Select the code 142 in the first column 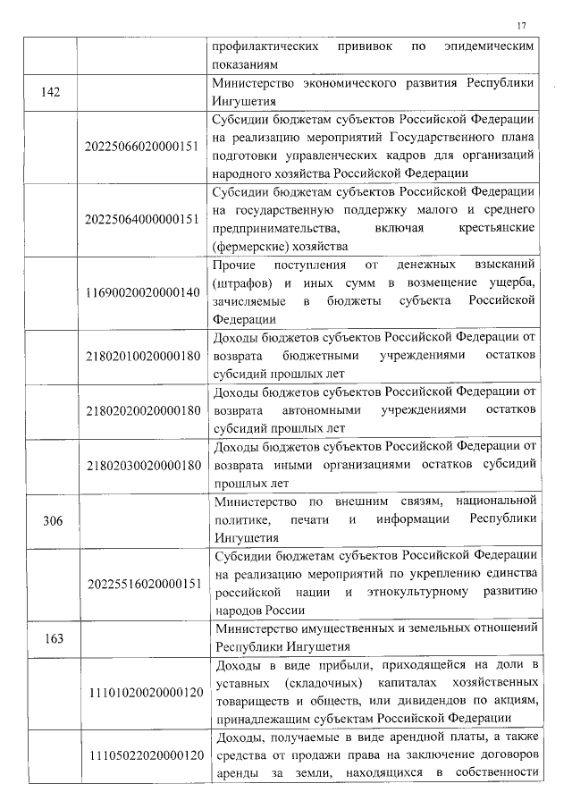click(51, 97)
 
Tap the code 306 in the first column click(51, 521)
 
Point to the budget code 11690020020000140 click(143, 293)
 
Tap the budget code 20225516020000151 click(143, 584)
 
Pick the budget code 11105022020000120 click(143, 757)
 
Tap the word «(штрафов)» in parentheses click(241, 283)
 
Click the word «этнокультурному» click(426, 593)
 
